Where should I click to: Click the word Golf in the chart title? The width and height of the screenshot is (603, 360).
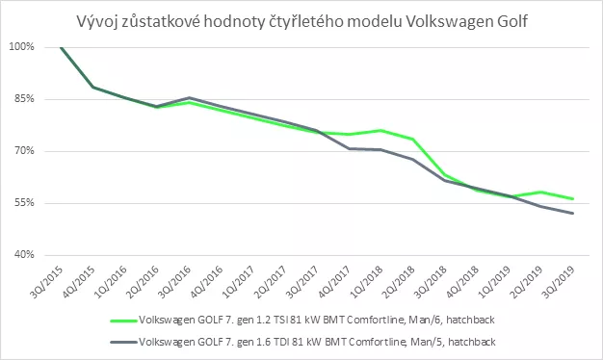[511, 21]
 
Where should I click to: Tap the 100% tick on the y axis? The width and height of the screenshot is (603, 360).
[22, 47]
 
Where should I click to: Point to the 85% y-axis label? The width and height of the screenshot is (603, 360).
[25, 99]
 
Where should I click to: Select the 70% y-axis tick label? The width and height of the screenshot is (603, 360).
[25, 150]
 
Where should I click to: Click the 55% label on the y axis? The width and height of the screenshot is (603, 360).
[25, 202]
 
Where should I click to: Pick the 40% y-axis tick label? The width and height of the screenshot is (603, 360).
[25, 254]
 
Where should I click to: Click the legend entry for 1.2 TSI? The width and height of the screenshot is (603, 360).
[302, 320]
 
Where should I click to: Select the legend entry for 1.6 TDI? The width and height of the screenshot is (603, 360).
[302, 342]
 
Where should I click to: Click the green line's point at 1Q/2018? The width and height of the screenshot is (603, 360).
[380, 131]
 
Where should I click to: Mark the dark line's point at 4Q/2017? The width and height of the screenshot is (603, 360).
[349, 148]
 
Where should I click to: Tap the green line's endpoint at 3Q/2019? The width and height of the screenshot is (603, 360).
[572, 198]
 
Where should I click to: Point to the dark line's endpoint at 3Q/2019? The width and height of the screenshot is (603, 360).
[572, 214]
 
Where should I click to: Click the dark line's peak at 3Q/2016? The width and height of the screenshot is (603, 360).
[189, 97]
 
